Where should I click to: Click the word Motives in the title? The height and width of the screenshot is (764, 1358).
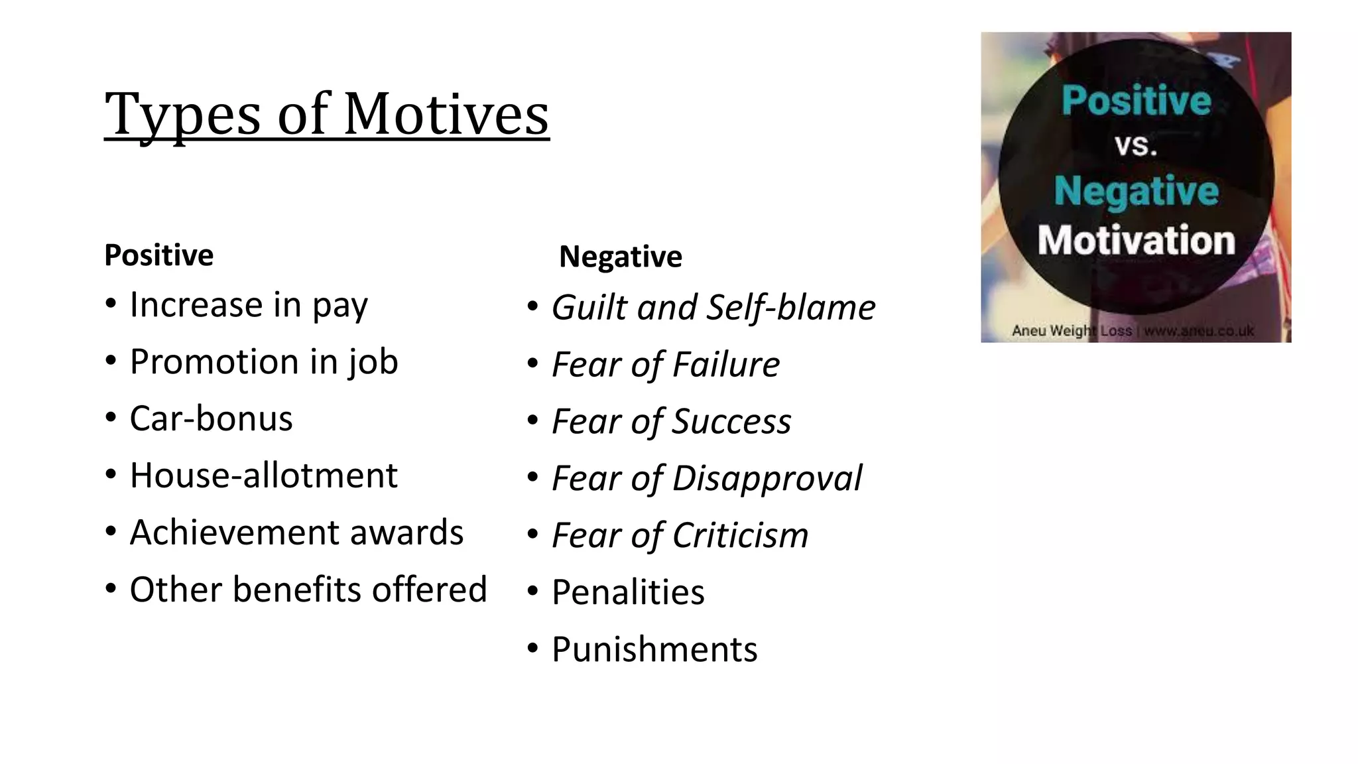tap(446, 114)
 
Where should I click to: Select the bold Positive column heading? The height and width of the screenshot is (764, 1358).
tap(159, 255)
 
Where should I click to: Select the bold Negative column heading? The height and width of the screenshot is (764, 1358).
tap(620, 257)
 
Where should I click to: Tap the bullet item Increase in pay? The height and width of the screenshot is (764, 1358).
tap(248, 305)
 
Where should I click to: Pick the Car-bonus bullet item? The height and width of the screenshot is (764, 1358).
tap(211, 418)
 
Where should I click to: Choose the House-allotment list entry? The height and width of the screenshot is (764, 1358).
tap(263, 476)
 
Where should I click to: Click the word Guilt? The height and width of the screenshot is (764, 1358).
tap(589, 308)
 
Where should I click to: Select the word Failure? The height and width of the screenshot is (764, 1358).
tap(726, 365)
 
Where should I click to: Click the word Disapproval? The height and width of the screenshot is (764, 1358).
tap(767, 479)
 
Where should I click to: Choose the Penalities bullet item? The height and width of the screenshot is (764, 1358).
tap(628, 592)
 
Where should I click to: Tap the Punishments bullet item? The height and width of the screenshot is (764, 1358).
tap(654, 649)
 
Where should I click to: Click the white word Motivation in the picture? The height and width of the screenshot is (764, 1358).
tap(1136, 240)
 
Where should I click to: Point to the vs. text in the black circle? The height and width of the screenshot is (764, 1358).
tap(1135, 145)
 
